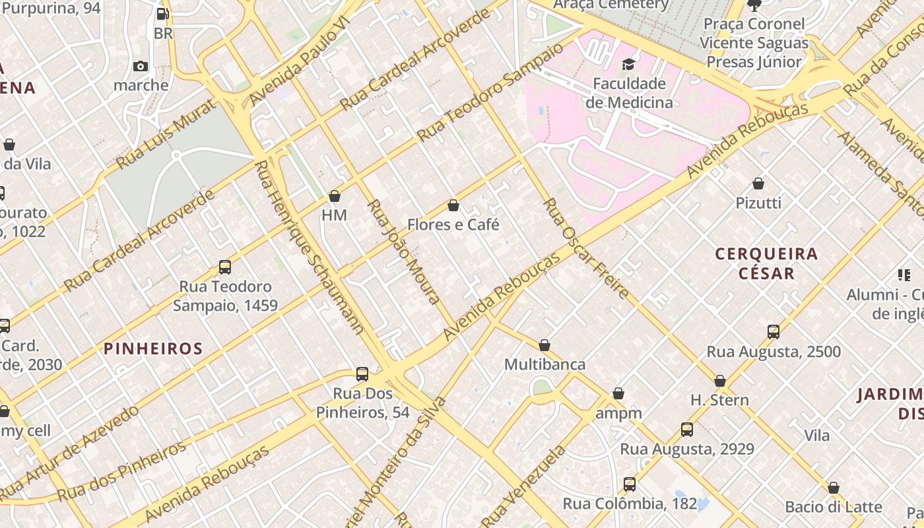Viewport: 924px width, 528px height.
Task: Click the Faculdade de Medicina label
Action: click(x=629, y=93)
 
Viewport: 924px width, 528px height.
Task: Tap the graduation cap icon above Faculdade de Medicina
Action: click(x=628, y=64)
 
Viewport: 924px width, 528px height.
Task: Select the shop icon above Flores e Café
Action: click(x=453, y=205)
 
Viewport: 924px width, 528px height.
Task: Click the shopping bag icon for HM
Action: click(x=335, y=196)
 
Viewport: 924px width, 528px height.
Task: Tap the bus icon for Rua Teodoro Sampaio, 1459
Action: click(x=225, y=267)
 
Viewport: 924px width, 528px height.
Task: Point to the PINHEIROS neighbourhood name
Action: click(x=153, y=348)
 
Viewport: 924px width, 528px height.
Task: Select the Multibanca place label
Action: click(x=544, y=364)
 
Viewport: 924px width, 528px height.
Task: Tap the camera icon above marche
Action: click(x=141, y=66)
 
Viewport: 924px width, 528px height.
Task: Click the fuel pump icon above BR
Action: click(x=162, y=14)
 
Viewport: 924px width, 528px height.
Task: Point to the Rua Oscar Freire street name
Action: click(x=585, y=248)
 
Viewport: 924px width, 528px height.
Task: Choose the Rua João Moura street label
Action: click(x=403, y=251)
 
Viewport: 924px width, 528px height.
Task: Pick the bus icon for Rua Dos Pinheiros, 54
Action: click(x=362, y=374)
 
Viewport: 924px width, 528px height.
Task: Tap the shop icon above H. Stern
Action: click(x=720, y=381)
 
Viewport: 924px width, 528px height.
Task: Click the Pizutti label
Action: click(x=758, y=203)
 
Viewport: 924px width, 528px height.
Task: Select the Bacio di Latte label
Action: click(x=833, y=507)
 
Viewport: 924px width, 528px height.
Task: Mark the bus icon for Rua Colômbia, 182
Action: click(x=630, y=484)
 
